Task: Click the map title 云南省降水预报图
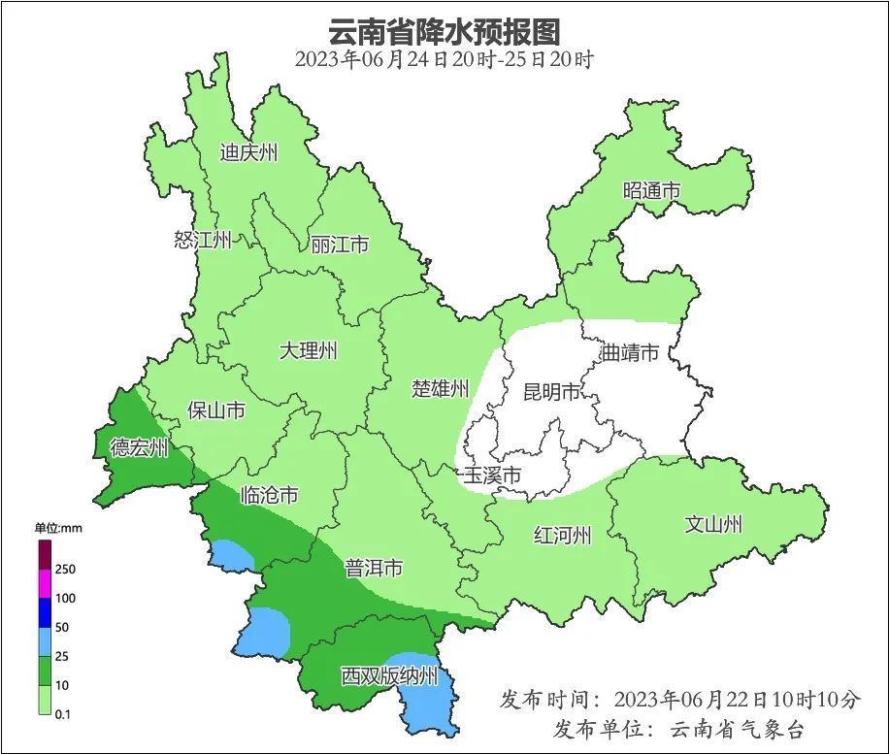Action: pos(444,31)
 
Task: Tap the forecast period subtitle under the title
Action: pos(444,59)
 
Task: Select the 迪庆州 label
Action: pos(248,152)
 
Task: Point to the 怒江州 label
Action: pos(203,240)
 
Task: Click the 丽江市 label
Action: pos(340,245)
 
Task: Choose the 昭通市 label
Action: pos(651,191)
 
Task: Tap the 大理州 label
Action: pos(308,350)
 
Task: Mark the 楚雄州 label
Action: pos(440,389)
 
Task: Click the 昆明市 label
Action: pos(551,392)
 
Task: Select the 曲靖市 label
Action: pos(630,352)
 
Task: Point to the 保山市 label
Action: pos(215,410)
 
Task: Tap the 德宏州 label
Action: pos(139,447)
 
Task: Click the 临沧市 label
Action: pos(269,495)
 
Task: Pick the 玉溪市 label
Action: pos(492,475)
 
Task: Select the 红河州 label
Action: pos(562,535)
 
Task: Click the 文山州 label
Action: pos(713,525)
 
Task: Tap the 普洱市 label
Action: pos(374,569)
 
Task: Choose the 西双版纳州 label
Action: pos(389,676)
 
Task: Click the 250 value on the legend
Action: pos(65,569)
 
